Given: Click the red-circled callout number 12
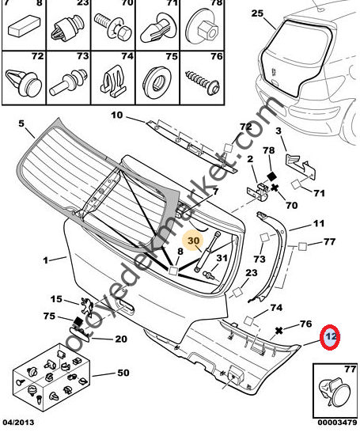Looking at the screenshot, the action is [x=331, y=337].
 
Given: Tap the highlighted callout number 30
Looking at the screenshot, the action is [x=194, y=241].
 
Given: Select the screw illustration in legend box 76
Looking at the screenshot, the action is [x=203, y=81].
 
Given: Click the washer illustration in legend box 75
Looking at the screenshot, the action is [x=158, y=80].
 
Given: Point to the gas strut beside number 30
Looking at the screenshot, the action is [x=207, y=252].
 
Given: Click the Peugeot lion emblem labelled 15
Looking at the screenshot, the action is [x=87, y=305].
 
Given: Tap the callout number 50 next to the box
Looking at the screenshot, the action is [x=123, y=373].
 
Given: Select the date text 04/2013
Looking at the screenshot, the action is [x=19, y=423].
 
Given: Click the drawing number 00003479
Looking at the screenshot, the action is [x=337, y=423].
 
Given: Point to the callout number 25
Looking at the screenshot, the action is [x=257, y=13].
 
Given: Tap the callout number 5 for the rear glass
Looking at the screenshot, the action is [x=21, y=123].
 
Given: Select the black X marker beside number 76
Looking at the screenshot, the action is [x=279, y=331].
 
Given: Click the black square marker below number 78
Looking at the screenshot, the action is [x=271, y=176].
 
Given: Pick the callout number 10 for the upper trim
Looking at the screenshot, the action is [x=117, y=115].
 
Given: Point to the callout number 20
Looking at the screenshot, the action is [x=121, y=339].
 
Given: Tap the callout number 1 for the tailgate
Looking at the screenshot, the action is [x=46, y=260].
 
